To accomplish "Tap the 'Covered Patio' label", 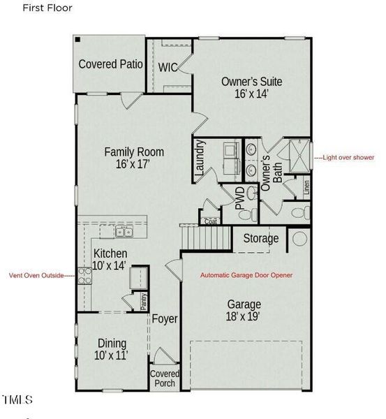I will [111, 64].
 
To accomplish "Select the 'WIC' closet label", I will [168, 68].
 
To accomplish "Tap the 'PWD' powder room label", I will [239, 199].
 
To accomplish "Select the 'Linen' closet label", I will [306, 188].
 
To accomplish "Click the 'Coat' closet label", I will [210, 221].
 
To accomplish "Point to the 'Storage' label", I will [260, 239].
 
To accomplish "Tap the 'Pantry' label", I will [143, 301].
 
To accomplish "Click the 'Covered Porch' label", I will [165, 378].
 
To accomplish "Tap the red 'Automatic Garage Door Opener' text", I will [246, 276].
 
